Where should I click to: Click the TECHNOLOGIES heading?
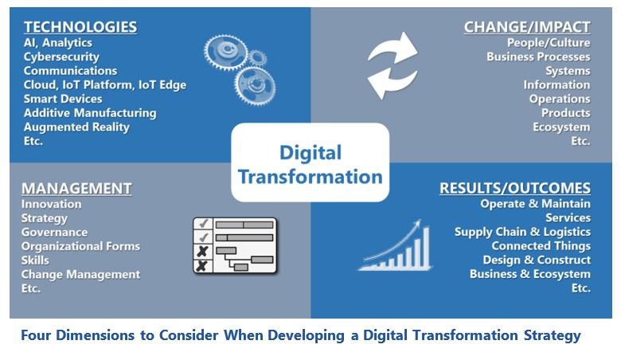click(x=80, y=27)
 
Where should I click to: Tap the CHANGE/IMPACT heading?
click(x=527, y=27)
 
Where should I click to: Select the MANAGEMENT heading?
click(x=76, y=189)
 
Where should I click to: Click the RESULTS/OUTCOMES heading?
click(x=515, y=188)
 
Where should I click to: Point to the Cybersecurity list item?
click(x=61, y=57)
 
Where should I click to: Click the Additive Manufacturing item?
click(x=90, y=113)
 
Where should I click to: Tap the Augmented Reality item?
click(x=76, y=127)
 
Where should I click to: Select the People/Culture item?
click(x=549, y=43)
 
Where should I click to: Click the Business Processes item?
click(x=538, y=57)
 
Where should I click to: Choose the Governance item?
click(x=54, y=232)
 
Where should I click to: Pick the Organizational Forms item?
click(x=80, y=246)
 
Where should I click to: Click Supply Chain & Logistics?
click(x=522, y=232)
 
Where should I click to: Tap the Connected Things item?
click(x=541, y=246)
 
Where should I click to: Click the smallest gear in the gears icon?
click(x=257, y=58)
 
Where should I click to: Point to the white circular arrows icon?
click(x=393, y=65)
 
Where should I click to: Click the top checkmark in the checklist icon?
click(x=204, y=224)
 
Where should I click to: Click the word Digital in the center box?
click(x=310, y=153)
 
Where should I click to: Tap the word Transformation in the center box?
click(x=310, y=177)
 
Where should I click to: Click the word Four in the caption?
click(x=36, y=335)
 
